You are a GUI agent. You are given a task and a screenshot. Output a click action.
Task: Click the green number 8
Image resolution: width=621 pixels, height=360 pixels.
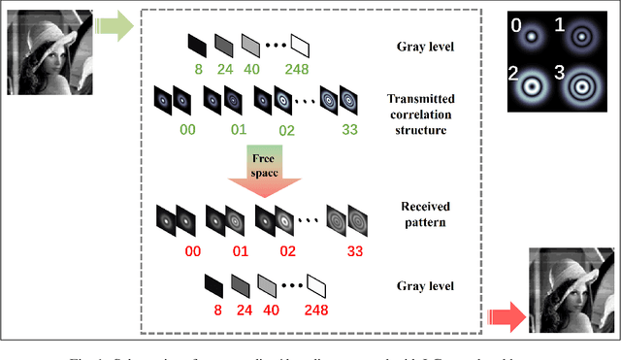tap(198, 69)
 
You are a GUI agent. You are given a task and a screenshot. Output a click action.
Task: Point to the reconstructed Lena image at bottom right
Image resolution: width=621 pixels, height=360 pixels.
tap(572, 290)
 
